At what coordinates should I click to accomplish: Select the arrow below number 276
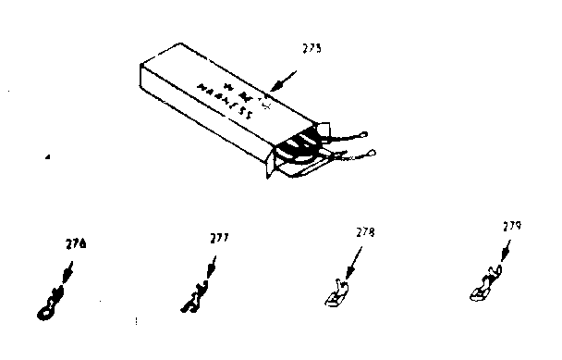click(x=65, y=269)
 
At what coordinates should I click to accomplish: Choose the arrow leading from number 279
click(x=500, y=254)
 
